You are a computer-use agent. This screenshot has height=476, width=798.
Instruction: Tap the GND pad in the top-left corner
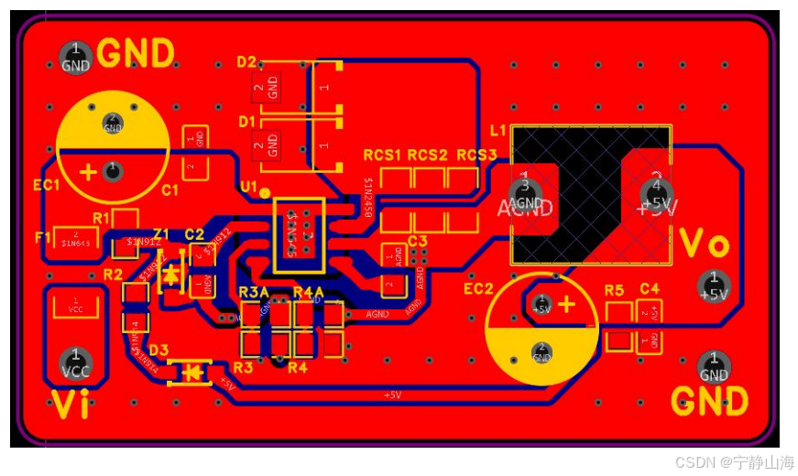75,57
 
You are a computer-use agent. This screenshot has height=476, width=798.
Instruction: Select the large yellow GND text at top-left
136,54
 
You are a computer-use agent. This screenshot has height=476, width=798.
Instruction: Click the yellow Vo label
705,245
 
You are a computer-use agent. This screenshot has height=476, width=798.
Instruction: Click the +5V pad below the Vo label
714,286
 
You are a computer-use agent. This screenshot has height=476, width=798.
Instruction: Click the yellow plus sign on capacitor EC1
89,172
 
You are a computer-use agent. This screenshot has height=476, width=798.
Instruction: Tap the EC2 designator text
478,289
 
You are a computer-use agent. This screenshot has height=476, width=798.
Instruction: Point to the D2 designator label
246,62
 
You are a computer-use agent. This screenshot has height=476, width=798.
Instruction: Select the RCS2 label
428,155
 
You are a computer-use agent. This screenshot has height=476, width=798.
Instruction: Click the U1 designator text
248,187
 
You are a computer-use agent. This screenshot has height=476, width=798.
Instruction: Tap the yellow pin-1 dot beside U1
265,193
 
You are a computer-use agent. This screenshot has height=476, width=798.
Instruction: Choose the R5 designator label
614,290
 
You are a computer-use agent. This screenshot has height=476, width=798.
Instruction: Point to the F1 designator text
43,237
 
